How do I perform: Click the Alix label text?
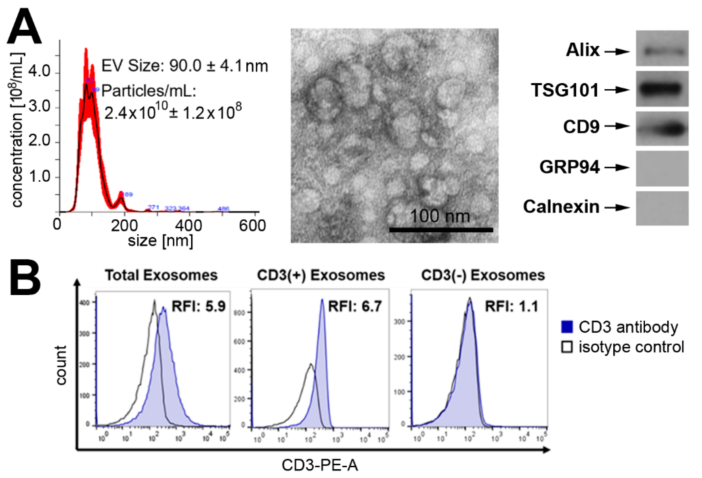pos(582,50)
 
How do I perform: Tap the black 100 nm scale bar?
pos(441,230)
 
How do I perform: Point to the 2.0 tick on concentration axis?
pos(39,141)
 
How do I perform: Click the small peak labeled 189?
pos(121,199)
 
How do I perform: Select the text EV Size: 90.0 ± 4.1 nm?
pos(184,66)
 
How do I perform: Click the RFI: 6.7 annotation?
pos(355,306)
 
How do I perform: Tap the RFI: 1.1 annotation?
pos(511,306)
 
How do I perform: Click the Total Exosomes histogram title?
pos(161,275)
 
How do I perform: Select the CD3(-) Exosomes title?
pos(483,275)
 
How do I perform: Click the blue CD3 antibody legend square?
pos(567,327)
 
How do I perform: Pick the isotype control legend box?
pos(567,347)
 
